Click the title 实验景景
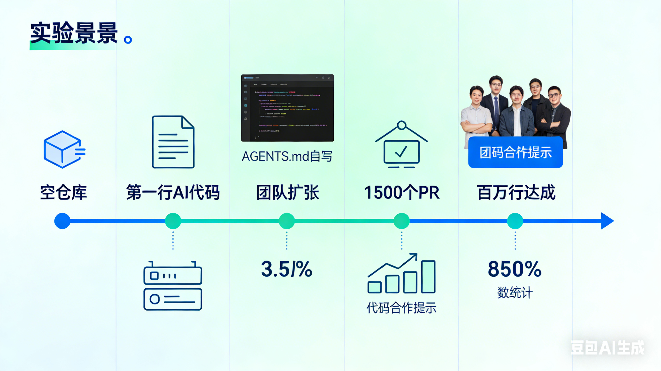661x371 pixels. click(x=74, y=33)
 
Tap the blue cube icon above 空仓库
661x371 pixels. click(x=64, y=149)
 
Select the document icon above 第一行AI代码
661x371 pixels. click(x=173, y=142)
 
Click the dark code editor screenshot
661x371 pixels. click(x=287, y=108)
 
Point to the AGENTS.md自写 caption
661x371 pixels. click(x=287, y=156)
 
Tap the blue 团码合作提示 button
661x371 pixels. click(x=515, y=152)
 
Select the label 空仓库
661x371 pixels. click(x=63, y=192)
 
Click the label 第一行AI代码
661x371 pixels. click(x=173, y=192)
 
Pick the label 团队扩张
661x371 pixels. click(x=287, y=192)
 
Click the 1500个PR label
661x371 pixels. click(x=402, y=192)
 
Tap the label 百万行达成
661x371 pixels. click(x=516, y=192)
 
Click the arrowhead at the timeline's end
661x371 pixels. click(x=607, y=221)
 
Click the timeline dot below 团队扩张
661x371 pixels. click(x=287, y=221)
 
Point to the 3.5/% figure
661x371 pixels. click(x=287, y=269)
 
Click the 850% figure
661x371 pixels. click(x=515, y=269)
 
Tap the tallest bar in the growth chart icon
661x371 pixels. click(x=428, y=277)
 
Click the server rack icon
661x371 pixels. click(x=173, y=286)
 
